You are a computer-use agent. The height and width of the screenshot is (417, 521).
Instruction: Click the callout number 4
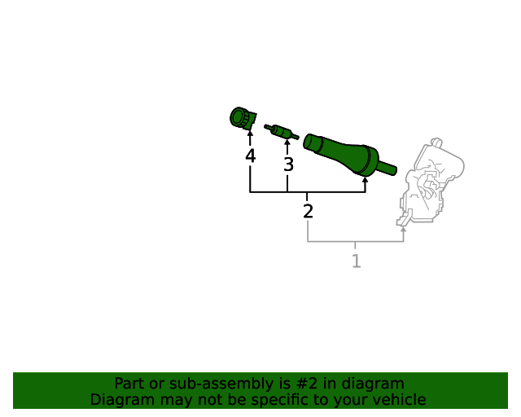(250, 156)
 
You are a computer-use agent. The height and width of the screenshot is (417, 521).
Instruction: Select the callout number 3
(288, 165)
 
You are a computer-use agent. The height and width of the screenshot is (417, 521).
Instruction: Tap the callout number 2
(308, 212)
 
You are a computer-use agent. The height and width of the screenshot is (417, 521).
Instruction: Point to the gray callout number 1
(356, 261)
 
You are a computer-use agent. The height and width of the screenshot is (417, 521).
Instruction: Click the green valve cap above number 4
(242, 119)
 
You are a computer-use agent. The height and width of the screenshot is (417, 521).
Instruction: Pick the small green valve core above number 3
(281, 130)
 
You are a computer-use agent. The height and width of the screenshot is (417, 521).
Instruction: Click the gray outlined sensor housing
(431, 183)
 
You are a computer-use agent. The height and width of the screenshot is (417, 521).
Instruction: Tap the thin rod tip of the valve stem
(388, 169)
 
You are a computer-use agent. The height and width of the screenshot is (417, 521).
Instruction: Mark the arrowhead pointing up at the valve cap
(250, 134)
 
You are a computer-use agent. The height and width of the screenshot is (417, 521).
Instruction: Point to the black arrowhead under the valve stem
(365, 180)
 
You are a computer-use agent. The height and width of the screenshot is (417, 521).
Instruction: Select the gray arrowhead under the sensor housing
(404, 229)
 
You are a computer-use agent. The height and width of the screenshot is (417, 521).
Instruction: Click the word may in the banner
(174, 400)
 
